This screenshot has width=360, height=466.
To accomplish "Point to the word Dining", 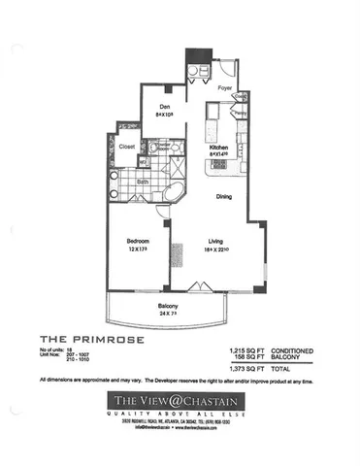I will (224, 197).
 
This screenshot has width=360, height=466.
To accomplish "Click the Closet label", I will (127, 146).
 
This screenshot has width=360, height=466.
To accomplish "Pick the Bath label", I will (142, 181).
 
